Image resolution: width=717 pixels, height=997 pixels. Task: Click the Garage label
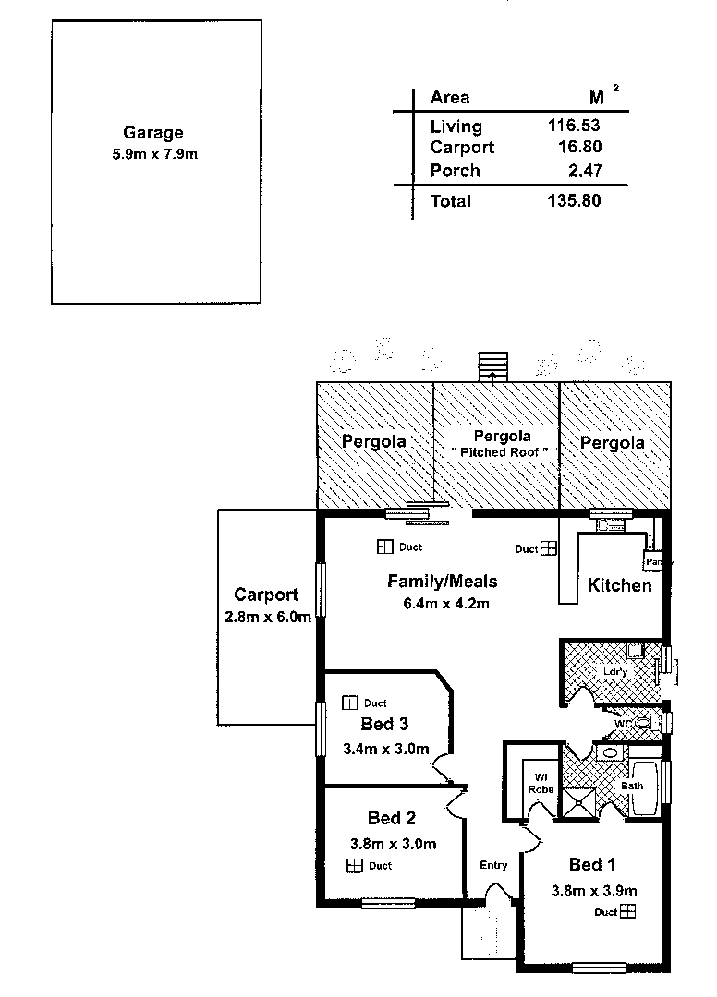tap(153, 133)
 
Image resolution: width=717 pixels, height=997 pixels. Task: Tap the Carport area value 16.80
tap(576, 148)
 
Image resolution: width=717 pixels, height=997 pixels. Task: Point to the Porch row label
tap(455, 171)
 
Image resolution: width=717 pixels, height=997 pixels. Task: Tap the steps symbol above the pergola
tap(492, 366)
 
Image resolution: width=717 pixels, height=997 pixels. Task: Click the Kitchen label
tap(619, 585)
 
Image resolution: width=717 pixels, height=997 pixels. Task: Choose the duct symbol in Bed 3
tap(349, 703)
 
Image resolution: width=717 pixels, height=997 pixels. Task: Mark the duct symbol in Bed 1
tap(628, 912)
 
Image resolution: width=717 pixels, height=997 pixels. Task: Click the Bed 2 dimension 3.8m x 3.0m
tap(393, 844)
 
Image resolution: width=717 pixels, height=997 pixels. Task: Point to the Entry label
tap(493, 865)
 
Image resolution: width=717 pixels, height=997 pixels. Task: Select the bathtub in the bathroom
tap(645, 787)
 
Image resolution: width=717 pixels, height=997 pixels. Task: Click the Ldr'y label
tap(615, 672)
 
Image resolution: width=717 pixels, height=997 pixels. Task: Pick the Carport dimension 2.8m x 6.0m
tap(267, 618)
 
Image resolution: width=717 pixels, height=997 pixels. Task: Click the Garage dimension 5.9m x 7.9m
tap(153, 154)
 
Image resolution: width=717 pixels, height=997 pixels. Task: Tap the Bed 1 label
tap(592, 865)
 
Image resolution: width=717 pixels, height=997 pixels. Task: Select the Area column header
tap(450, 98)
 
